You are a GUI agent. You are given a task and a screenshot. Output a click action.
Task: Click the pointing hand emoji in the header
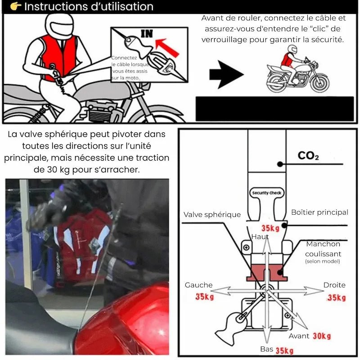coord(15,6)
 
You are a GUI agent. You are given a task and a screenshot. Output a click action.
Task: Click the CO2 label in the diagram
coord(308,156)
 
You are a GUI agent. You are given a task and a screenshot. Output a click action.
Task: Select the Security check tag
coord(266,193)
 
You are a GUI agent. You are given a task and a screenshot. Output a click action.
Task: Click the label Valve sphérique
coord(212,215)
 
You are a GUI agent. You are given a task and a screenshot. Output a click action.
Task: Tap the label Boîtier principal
coord(319,212)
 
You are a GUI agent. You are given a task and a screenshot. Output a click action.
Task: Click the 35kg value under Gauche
coord(205,297)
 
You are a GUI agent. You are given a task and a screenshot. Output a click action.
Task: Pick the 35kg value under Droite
coord(337,297)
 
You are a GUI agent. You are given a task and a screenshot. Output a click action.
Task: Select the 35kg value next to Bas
coord(285,351)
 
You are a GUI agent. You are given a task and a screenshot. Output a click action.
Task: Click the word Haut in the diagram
coord(260,237)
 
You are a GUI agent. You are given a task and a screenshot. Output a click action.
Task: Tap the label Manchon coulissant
coord(323,249)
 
